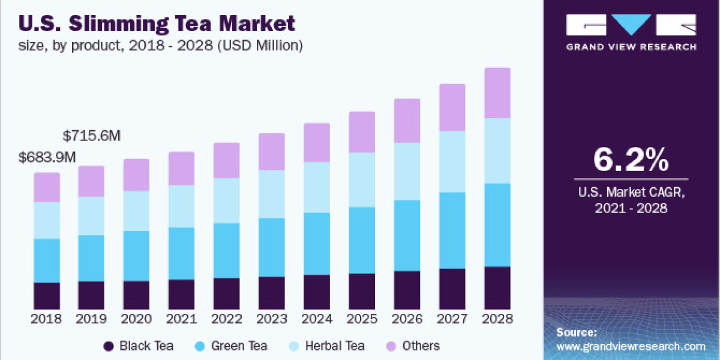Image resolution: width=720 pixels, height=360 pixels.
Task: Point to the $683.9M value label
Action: pyautogui.click(x=47, y=158)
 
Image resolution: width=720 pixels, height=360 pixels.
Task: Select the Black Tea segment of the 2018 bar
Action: pyautogui.click(x=47, y=295)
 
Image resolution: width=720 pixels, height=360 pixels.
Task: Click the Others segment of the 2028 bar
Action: pyautogui.click(x=497, y=93)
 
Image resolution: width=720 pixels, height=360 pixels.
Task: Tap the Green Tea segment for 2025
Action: pyautogui.click(x=362, y=240)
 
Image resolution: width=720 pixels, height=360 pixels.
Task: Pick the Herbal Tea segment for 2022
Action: pyautogui.click(x=227, y=200)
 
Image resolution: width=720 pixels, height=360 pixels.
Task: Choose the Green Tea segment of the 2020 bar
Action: pyautogui.click(x=137, y=256)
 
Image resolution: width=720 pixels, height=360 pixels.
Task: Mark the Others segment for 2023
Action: pyautogui.click(x=272, y=151)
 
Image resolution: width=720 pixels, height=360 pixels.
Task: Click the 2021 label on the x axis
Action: pyautogui.click(x=182, y=319)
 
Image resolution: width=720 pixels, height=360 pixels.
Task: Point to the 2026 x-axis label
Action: pyautogui.click(x=407, y=319)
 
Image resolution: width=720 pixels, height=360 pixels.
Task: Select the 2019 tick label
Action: pyautogui.click(x=92, y=319)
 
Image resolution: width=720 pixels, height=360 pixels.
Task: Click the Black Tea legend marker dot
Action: pyautogui.click(x=109, y=346)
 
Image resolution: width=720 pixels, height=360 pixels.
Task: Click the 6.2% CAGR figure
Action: pyautogui.click(x=631, y=160)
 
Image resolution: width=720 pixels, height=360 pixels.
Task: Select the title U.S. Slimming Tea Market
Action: pyautogui.click(x=157, y=24)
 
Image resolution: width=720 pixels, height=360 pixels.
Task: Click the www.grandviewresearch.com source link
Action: pyautogui.click(x=631, y=346)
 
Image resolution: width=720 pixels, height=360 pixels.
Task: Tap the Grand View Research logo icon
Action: pyautogui.click(x=631, y=25)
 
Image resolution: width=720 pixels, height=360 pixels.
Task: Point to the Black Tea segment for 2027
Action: pyautogui.click(x=452, y=288)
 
